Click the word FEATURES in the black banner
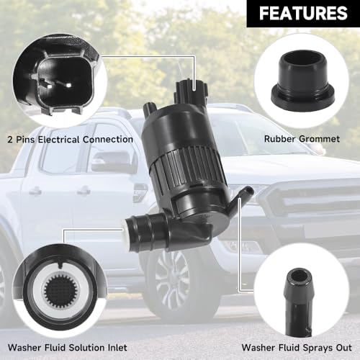point(303,13)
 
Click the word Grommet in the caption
point(320,139)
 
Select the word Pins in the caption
point(25,140)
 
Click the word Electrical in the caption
point(59,140)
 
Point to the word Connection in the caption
point(108,140)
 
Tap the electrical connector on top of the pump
point(192,93)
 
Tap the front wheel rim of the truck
point(172,279)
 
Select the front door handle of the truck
point(84,191)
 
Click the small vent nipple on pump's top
point(149,108)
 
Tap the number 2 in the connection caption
point(10,140)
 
